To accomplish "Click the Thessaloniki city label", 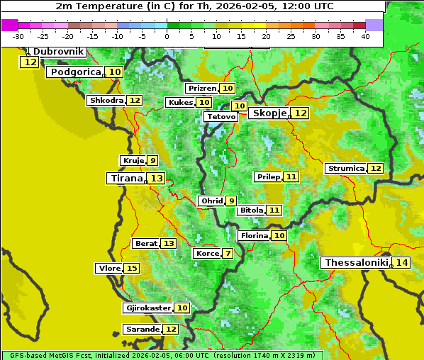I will tap(356, 263).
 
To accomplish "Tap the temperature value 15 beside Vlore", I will tap(132, 268).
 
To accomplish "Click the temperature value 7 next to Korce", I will tap(228, 254).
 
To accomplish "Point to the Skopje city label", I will tap(268, 113).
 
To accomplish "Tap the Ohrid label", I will tap(211, 201).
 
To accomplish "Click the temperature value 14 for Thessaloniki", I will tap(401, 263).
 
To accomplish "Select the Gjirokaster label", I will tap(147, 308).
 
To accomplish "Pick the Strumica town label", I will tap(346, 169).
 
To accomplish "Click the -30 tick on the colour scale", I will tap(18, 36).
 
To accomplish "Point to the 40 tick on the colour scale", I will tap(365, 36).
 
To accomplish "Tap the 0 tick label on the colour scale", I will tap(167, 36).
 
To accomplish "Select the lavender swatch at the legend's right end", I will tap(374, 25).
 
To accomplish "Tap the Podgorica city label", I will tap(74, 72).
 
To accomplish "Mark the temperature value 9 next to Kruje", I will tap(152, 161).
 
